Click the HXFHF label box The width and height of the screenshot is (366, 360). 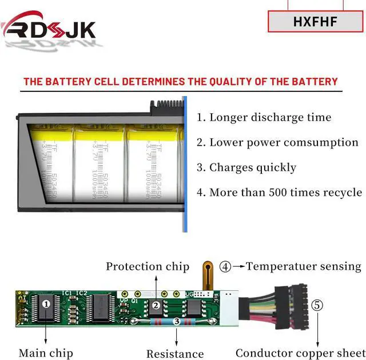tap(316, 22)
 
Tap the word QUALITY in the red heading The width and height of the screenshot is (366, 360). tap(218, 82)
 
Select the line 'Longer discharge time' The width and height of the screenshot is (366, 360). tap(264, 118)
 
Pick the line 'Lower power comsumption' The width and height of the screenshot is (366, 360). tap(277, 142)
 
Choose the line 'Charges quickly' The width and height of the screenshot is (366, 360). tap(246, 167)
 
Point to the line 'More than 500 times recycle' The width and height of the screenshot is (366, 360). tap(279, 192)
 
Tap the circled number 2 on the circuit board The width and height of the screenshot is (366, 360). tap(156, 306)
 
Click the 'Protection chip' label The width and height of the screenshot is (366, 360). tap(148, 267)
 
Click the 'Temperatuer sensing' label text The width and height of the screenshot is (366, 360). tap(304, 266)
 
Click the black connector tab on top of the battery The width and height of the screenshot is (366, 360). tap(166, 106)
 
